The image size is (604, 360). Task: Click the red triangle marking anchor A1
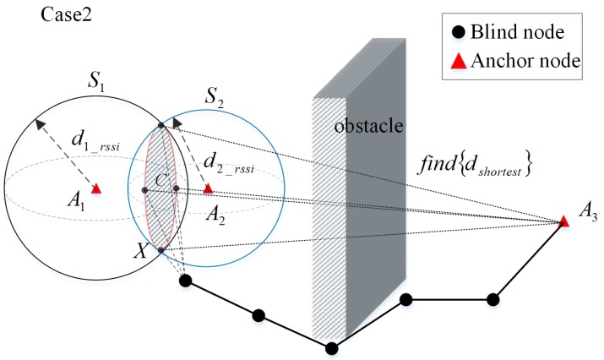96,188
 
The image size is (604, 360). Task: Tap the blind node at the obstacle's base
332,348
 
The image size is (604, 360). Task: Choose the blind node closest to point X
185,281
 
